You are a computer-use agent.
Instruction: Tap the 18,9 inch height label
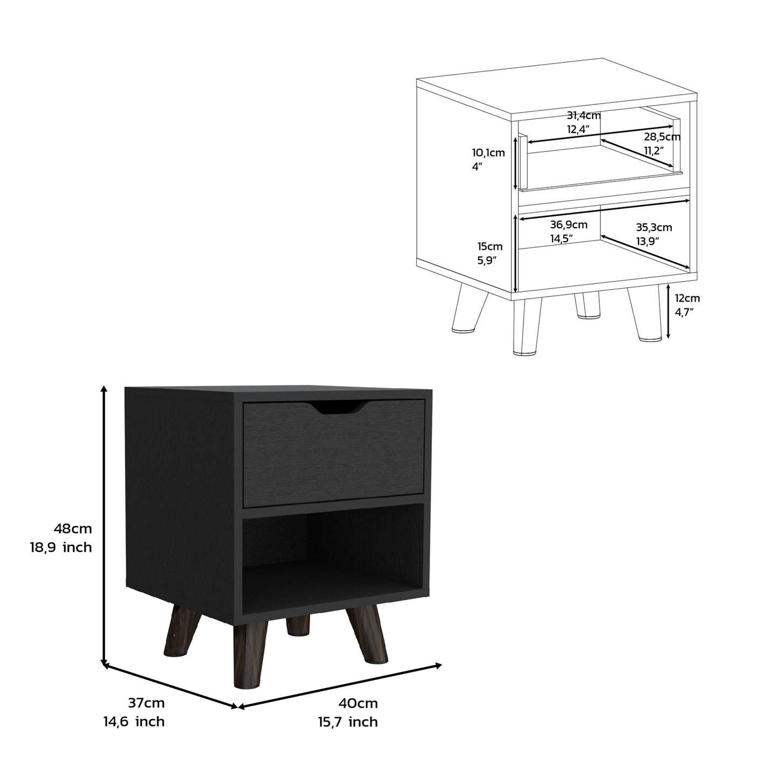[x=61, y=548]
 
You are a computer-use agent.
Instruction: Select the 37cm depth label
[x=146, y=703]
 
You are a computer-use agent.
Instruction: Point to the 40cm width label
[x=358, y=703]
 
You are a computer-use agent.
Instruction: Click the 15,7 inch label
[x=348, y=722]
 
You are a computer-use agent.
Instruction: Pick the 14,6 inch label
[x=134, y=721]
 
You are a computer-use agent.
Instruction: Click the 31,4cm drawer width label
[x=584, y=115]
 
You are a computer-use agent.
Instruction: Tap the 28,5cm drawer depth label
[x=662, y=137]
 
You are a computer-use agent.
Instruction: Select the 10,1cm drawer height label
[x=488, y=153]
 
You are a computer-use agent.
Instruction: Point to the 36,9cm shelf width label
[x=569, y=225]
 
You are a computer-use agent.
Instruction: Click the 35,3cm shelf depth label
[x=654, y=228]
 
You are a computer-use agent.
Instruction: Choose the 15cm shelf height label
[x=490, y=247]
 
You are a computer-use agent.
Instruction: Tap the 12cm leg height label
[x=688, y=298]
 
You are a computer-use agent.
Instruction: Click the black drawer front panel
[x=334, y=458]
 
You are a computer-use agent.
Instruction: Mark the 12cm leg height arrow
[x=668, y=312]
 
